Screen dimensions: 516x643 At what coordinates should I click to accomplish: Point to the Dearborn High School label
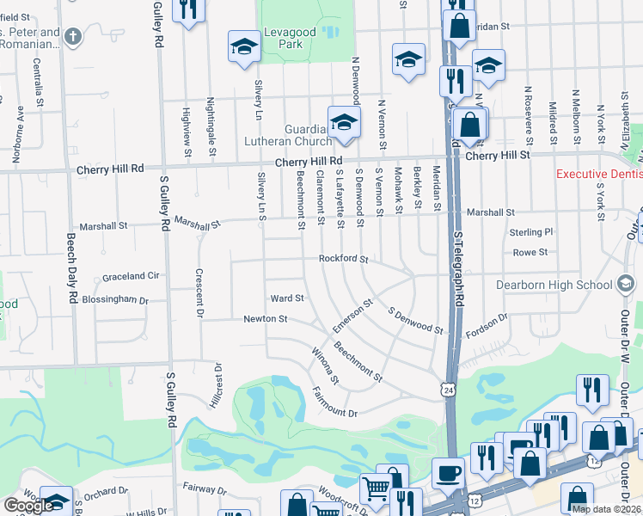click(x=565, y=285)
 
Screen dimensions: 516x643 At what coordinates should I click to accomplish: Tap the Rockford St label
click(x=343, y=258)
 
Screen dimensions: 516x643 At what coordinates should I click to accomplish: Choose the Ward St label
click(x=287, y=298)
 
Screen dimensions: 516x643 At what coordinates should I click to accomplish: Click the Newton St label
click(x=264, y=318)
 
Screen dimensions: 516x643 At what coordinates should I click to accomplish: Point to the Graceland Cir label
click(x=132, y=276)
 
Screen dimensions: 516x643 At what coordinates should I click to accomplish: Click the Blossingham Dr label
click(x=114, y=301)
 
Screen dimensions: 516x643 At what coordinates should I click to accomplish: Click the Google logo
click(x=28, y=506)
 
